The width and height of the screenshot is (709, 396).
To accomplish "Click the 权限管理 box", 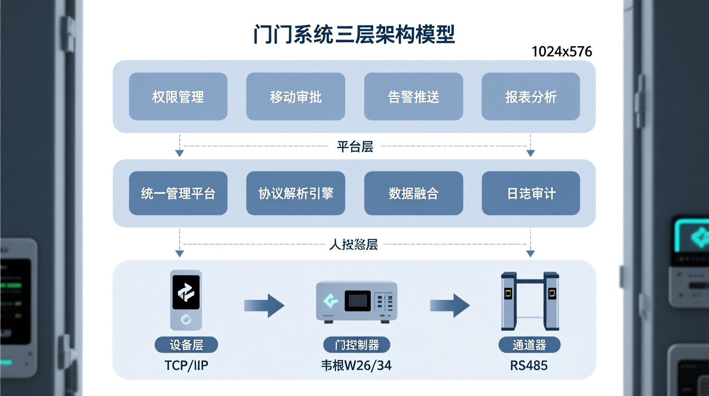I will click(x=178, y=96).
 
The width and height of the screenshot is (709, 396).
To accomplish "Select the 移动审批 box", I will click(x=296, y=96).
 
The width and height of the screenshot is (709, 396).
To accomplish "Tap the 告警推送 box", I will click(x=413, y=96).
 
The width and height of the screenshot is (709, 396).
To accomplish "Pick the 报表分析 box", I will click(x=530, y=96).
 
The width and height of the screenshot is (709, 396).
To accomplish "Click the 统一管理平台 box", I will click(x=178, y=193).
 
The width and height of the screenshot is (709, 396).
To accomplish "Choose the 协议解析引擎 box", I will click(x=296, y=193).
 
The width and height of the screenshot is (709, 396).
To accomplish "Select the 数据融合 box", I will click(x=413, y=193).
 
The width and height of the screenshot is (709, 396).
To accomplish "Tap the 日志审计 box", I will click(x=530, y=193).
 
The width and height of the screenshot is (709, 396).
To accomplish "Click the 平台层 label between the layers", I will click(x=355, y=147).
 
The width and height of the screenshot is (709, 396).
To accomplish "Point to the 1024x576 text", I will click(x=562, y=52).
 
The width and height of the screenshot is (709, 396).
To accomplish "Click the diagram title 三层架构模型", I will click(x=354, y=34).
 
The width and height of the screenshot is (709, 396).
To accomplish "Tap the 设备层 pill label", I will click(x=186, y=345).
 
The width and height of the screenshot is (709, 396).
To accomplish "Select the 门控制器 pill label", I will click(x=357, y=345).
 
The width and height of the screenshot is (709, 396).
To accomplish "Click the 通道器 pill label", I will click(x=529, y=345).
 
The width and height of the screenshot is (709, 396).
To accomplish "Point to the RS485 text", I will click(x=529, y=366).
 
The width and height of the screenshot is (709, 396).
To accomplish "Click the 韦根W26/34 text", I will click(x=356, y=366).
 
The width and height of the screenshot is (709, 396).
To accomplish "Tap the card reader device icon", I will click(x=186, y=300).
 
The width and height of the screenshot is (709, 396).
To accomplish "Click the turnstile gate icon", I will click(x=530, y=301).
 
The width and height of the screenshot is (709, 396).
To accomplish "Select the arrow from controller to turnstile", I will click(x=450, y=306).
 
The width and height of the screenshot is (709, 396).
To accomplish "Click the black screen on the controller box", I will click(x=357, y=300).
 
